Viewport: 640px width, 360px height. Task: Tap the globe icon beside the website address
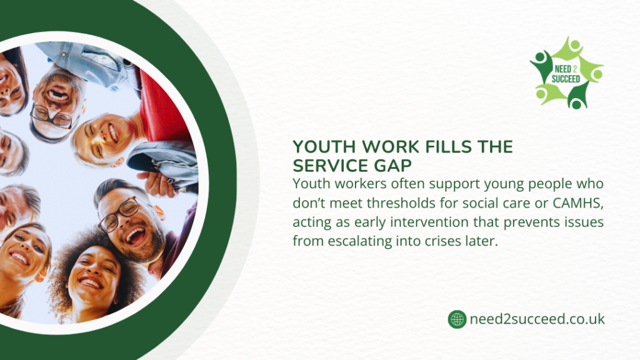[457, 319]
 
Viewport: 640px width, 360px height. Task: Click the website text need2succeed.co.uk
[537, 319]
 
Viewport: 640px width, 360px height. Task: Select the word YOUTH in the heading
[319, 147]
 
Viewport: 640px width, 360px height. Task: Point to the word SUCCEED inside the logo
[566, 79]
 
